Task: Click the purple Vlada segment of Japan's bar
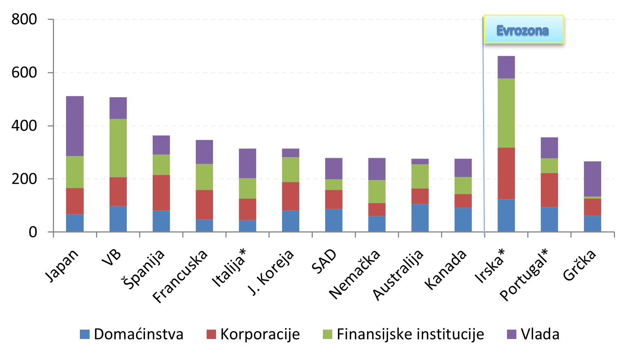(x=75, y=126)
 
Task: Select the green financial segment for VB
(x=118, y=148)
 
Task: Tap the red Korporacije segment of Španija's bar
(x=161, y=192)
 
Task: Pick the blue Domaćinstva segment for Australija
(x=420, y=217)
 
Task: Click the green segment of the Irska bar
(x=506, y=113)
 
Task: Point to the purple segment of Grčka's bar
(x=592, y=179)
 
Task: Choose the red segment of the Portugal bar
(x=549, y=190)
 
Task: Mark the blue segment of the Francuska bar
(x=204, y=225)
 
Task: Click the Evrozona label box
(x=523, y=30)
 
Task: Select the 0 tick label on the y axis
(x=33, y=232)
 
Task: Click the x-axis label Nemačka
(x=355, y=274)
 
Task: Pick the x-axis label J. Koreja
(x=271, y=272)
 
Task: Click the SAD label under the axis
(x=324, y=261)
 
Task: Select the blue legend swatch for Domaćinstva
(x=85, y=334)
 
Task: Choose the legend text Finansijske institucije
(x=410, y=334)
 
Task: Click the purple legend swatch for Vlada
(x=511, y=334)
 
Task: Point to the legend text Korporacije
(x=260, y=334)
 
